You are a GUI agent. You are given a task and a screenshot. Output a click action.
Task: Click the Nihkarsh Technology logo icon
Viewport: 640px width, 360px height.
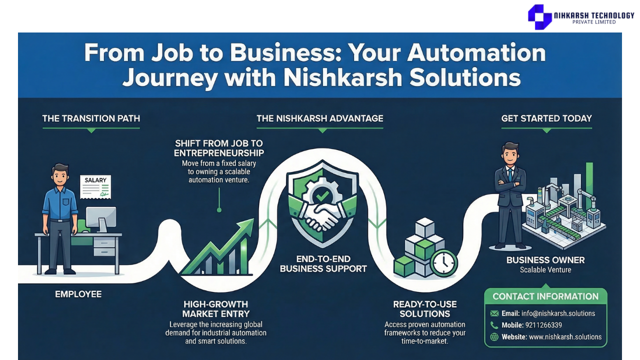(x=539, y=16)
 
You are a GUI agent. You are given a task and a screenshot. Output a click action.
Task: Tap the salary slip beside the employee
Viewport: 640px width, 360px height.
(x=96, y=186)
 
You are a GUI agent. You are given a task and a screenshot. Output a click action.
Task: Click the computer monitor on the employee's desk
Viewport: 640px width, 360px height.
(x=100, y=218)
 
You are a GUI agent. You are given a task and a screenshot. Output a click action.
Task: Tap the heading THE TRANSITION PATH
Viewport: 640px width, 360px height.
(x=91, y=118)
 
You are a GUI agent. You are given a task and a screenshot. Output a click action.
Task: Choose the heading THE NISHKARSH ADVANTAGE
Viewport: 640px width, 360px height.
(x=320, y=118)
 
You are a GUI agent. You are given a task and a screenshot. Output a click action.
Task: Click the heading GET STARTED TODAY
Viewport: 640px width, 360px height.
(x=546, y=118)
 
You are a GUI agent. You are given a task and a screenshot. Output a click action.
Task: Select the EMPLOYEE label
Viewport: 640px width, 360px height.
(x=78, y=294)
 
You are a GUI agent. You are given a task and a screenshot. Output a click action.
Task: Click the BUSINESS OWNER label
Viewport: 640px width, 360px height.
(x=545, y=260)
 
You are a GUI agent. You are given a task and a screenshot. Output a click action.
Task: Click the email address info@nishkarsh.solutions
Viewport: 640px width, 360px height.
(x=555, y=313)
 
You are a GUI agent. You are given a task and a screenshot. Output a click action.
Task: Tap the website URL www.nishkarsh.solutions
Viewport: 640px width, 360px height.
(x=565, y=337)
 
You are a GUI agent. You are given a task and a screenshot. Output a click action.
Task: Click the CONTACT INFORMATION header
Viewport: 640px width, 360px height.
(x=545, y=296)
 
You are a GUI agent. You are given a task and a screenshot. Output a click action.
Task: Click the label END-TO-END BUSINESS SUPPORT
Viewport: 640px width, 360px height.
(x=323, y=264)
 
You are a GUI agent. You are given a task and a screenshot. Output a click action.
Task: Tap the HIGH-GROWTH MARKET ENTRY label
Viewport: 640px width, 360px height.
(x=215, y=309)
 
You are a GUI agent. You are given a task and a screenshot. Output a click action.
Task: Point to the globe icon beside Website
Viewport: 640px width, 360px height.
(x=494, y=337)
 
